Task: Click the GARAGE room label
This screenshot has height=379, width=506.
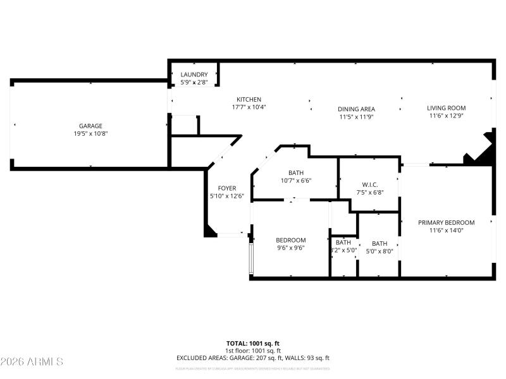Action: click(x=90, y=126)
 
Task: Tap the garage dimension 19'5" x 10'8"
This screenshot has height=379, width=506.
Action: click(x=90, y=133)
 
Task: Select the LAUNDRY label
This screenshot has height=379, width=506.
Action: click(x=194, y=75)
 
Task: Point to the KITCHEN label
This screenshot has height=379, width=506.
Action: click(x=249, y=99)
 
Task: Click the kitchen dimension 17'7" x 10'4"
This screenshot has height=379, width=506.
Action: click(x=249, y=107)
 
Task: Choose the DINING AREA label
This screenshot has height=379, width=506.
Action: click(x=357, y=109)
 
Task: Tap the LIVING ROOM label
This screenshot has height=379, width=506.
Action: click(x=447, y=108)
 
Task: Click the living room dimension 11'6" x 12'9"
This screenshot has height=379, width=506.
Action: click(x=447, y=116)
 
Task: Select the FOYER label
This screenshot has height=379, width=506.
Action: click(x=227, y=188)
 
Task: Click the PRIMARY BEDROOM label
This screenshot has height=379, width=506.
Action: click(x=447, y=222)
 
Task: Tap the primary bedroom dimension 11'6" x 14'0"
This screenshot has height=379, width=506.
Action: click(x=447, y=231)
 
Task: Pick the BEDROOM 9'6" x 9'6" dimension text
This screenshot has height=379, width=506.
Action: click(x=291, y=248)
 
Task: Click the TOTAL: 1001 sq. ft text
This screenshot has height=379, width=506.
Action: click(x=252, y=343)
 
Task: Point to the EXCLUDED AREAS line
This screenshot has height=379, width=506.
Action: click(x=252, y=358)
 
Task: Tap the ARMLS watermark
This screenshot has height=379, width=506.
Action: click(x=32, y=362)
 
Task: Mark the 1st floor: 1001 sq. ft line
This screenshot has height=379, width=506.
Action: click(x=252, y=351)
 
